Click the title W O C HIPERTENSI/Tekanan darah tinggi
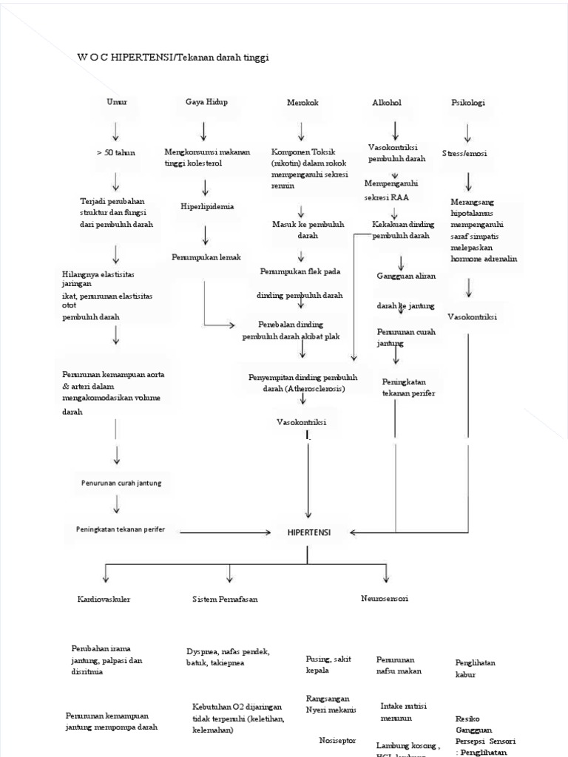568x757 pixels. [x=173, y=58]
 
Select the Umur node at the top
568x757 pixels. [x=116, y=102]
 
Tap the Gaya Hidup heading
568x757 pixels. [x=206, y=102]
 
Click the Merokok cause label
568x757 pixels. [x=302, y=103]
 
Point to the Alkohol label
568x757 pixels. [x=387, y=103]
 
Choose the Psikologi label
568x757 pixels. [x=468, y=103]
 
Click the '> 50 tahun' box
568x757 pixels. [x=116, y=152]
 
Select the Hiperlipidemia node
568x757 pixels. [x=207, y=207]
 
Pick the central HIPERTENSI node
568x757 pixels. [x=309, y=532]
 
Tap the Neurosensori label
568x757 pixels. [x=385, y=599]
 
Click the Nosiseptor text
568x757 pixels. [x=337, y=739]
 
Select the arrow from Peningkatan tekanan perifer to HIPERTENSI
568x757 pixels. [x=226, y=532]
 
